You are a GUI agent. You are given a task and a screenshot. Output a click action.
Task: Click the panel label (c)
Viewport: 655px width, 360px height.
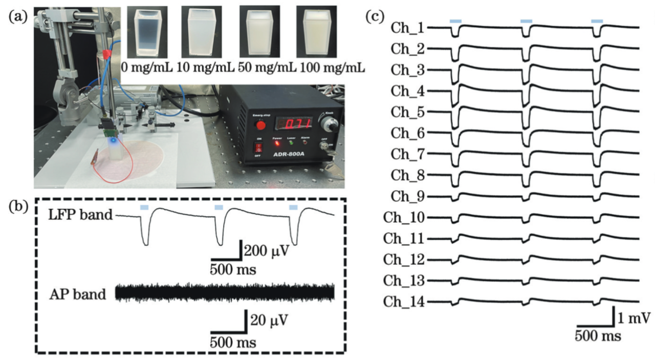click(376, 16)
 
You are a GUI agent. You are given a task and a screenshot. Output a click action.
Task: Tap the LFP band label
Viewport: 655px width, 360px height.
click(80, 216)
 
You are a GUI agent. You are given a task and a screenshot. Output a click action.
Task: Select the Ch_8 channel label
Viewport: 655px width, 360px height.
click(407, 175)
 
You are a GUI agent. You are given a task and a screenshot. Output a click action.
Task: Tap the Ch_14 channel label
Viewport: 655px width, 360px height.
click(404, 302)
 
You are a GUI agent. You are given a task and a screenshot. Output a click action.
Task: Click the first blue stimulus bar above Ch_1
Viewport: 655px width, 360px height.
click(455, 20)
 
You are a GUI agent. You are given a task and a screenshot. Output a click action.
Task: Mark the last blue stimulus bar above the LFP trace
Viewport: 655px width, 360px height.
click(293, 207)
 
